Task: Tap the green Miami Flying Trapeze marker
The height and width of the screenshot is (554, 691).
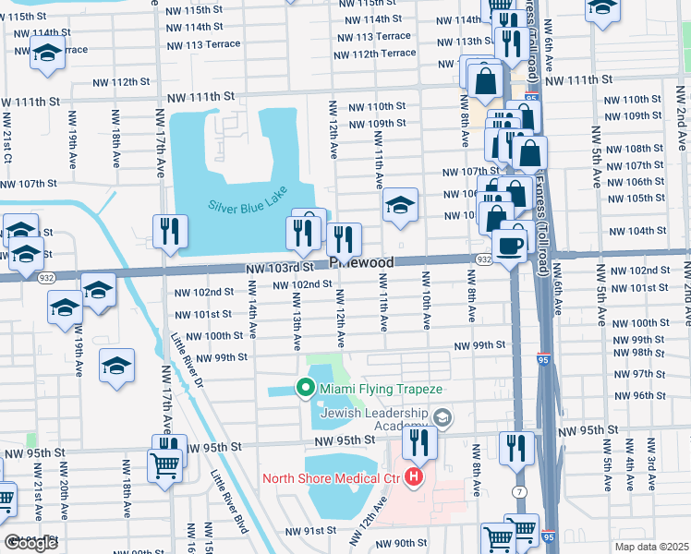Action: tap(304, 389)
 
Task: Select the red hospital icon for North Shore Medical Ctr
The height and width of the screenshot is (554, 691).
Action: tap(414, 477)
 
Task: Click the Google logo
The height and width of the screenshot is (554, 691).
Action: tap(30, 543)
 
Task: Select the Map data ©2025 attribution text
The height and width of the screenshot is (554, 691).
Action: tap(651, 547)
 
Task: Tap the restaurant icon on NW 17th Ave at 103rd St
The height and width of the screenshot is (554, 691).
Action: tap(170, 234)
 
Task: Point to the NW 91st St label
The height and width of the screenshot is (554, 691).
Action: tap(309, 532)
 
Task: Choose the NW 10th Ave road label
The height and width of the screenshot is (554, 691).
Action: tap(427, 300)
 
